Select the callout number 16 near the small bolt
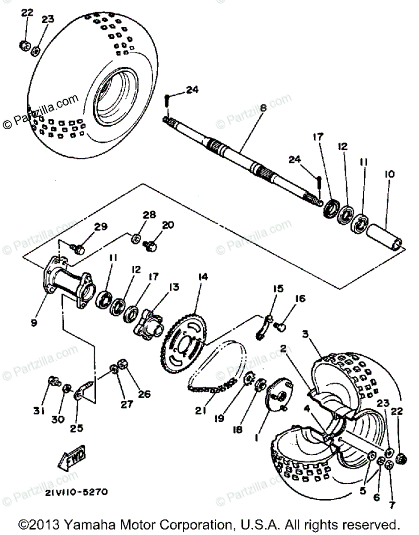(x=300, y=299)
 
